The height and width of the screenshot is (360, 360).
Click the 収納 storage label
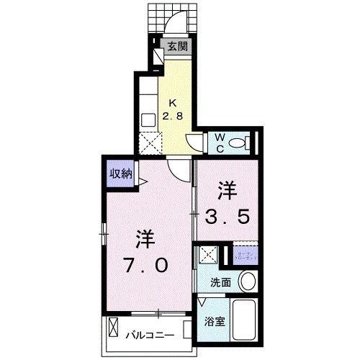point(120,173)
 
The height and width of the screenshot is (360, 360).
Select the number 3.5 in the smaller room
point(228,215)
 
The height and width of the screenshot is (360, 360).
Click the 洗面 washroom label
point(221,282)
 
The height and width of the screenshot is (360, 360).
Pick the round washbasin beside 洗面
point(247,281)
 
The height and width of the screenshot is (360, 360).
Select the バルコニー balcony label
point(151,334)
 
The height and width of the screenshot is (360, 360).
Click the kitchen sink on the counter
point(148,120)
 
